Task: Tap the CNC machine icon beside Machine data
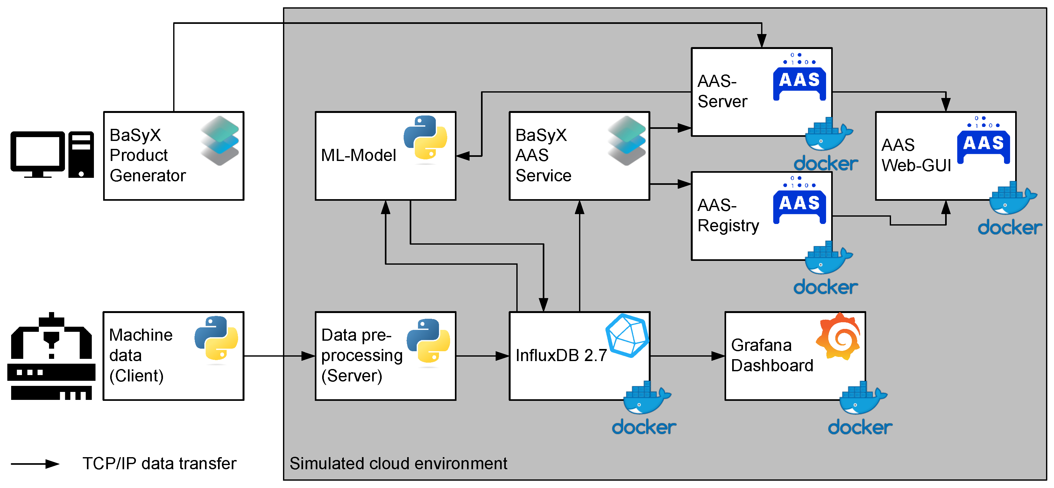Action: (x=51, y=356)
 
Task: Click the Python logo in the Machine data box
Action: (x=216, y=338)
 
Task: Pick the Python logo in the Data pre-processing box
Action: (x=428, y=340)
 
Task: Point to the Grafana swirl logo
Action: (x=839, y=336)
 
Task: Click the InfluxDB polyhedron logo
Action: (x=627, y=335)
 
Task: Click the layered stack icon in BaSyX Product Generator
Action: (x=220, y=140)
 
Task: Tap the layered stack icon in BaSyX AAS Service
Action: (x=626, y=140)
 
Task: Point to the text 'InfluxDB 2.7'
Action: (x=561, y=355)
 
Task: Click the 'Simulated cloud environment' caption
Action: (x=398, y=464)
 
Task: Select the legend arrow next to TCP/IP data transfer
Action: (x=35, y=464)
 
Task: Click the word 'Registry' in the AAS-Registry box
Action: (x=728, y=225)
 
